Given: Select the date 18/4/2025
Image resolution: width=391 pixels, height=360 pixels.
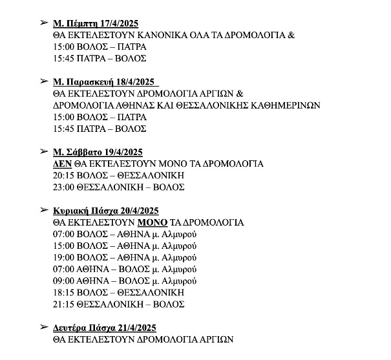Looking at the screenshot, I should point(135,82).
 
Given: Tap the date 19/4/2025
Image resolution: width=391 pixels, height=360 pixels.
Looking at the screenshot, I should point(120,152).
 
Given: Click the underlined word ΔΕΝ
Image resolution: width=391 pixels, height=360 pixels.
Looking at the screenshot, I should point(63,164).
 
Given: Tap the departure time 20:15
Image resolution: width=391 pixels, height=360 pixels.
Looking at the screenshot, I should point(65,175).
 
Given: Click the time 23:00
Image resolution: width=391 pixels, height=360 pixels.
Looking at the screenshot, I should point(65,187).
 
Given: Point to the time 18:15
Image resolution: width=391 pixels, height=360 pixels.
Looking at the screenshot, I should point(65,292).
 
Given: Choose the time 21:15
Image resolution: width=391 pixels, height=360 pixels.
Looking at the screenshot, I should point(65,304).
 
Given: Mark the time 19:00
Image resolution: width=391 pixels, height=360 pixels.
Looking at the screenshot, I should point(65,257).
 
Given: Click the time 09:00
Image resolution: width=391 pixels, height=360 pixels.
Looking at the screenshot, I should point(65,281).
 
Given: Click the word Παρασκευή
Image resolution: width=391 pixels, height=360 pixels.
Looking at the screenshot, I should point(89,82).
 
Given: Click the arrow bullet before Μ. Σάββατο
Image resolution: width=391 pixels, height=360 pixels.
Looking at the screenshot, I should point(44,151).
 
